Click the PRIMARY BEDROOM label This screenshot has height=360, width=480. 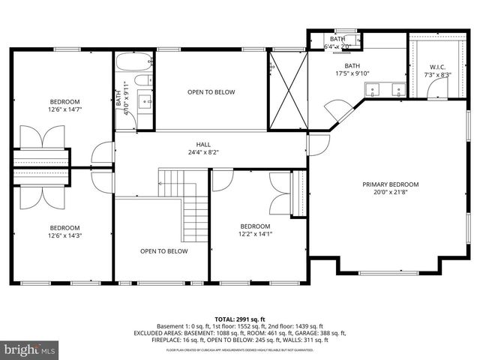point(390,184)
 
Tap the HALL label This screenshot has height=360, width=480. point(203,145)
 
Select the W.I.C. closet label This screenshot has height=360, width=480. point(433,67)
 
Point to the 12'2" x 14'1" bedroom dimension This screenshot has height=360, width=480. point(255,234)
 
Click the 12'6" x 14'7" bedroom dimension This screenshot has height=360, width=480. point(64,109)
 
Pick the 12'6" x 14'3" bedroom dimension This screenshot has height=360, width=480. point(64,235)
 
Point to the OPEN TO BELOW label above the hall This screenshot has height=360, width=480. point(211,92)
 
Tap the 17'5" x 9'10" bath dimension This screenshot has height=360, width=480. point(352,73)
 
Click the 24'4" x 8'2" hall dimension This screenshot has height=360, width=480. point(203,152)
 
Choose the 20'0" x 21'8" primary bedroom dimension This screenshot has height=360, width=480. point(390,193)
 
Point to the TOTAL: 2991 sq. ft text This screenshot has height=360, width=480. point(240,319)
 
